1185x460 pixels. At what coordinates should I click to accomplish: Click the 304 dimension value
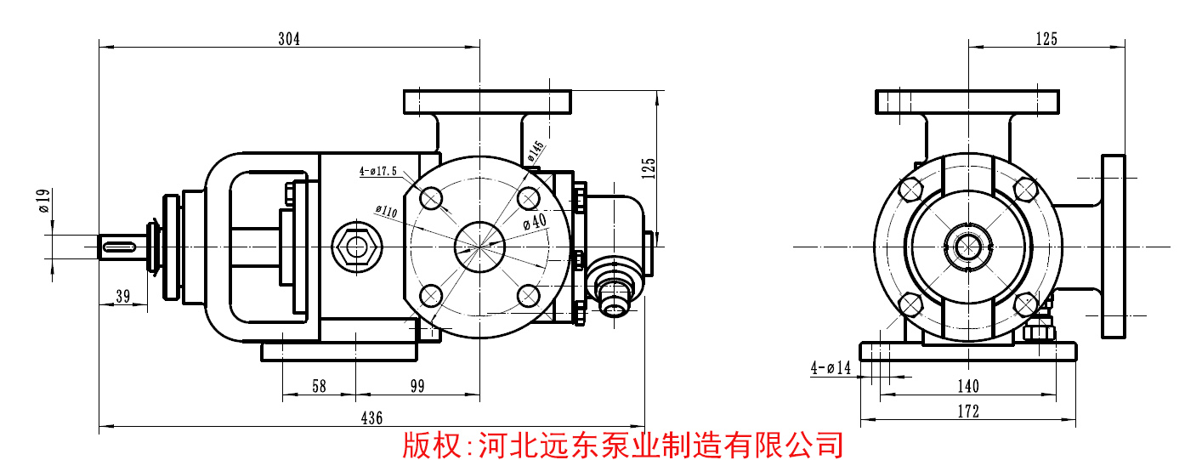289,39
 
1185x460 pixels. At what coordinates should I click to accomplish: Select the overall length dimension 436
371,417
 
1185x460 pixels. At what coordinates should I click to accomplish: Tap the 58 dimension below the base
319,387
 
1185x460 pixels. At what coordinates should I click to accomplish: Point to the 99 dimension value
417,387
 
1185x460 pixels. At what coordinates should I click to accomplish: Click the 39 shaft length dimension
122,296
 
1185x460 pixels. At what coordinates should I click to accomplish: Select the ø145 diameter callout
535,151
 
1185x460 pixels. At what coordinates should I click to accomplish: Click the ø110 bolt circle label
388,209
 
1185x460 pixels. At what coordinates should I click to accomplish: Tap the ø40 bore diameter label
534,222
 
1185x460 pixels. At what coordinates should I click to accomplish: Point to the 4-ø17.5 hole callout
378,170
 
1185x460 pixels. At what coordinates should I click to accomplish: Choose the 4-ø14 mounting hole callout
831,368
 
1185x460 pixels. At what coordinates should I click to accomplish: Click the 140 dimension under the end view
967,387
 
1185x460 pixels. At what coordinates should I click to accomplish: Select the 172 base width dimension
967,412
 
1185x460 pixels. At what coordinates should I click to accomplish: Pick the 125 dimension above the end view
1046,39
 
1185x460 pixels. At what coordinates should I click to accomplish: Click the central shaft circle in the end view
967,246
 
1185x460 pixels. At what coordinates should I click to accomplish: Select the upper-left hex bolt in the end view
910,188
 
